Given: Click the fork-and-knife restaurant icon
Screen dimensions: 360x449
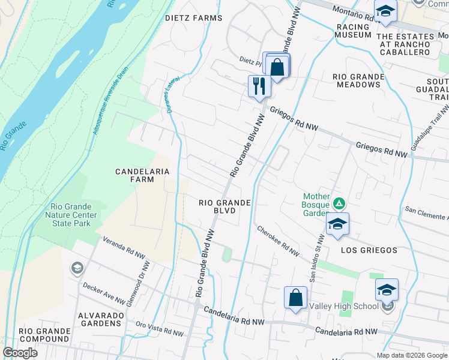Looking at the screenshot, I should (x=259, y=86).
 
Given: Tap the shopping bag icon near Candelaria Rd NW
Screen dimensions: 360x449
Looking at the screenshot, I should (x=295, y=298).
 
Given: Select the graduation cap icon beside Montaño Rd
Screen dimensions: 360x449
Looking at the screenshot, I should (x=385, y=12).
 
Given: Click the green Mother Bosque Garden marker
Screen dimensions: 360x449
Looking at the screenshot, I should (x=339, y=205).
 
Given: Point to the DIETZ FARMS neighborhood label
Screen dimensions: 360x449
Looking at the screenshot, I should (x=193, y=18).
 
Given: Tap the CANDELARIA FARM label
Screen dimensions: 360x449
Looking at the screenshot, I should (x=142, y=175).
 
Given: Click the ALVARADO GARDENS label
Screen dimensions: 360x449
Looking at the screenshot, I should (x=100, y=319).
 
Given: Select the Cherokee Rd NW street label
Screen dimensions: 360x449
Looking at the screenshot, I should (x=278, y=241).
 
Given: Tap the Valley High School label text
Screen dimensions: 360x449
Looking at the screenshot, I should (x=343, y=306).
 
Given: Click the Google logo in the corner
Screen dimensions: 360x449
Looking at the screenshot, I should (x=20, y=353).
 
